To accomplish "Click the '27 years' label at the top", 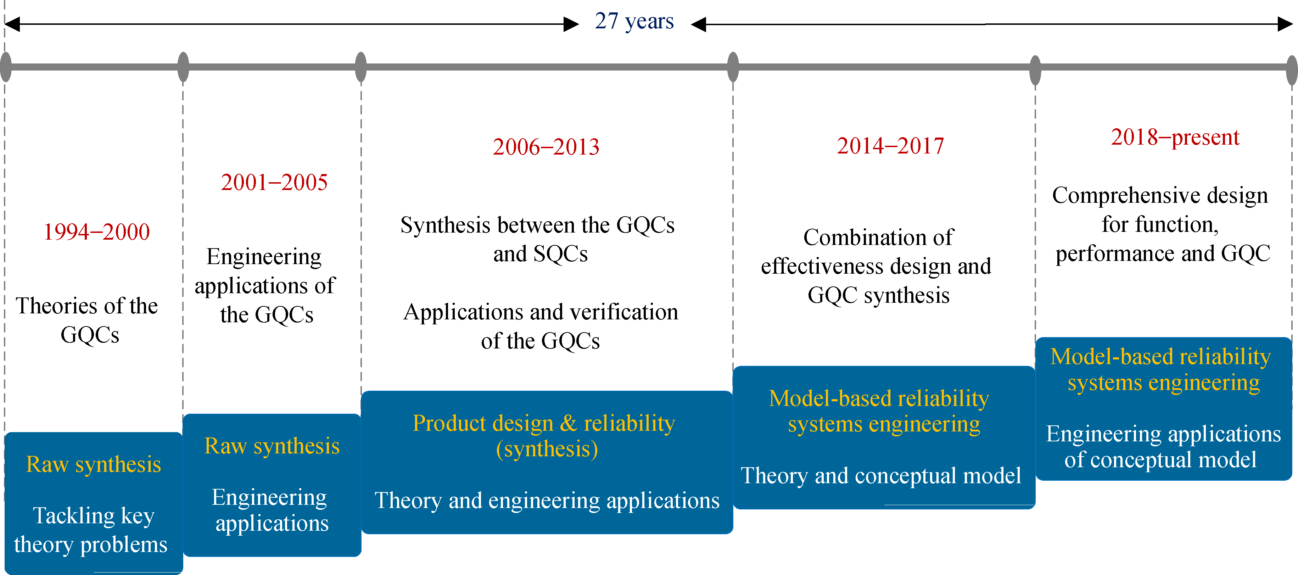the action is pos(634,22).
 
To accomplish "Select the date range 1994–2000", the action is pos(96,232).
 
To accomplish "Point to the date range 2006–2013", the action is pos(546,147).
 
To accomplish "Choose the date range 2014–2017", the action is pos(890,146).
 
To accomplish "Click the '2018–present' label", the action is pos(1175,138).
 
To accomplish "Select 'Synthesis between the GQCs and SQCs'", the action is pos(538,239).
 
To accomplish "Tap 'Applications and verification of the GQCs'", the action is pos(541,326).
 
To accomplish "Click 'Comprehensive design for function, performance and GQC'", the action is pos(1161,224).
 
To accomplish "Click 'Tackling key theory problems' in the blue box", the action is pos(91,530).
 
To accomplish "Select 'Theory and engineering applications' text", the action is pos(547,501).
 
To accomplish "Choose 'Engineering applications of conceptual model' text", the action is pos(1163,447).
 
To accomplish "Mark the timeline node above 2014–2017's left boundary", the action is pos(733,67).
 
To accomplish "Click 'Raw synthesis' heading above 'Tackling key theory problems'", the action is pos(94,464).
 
